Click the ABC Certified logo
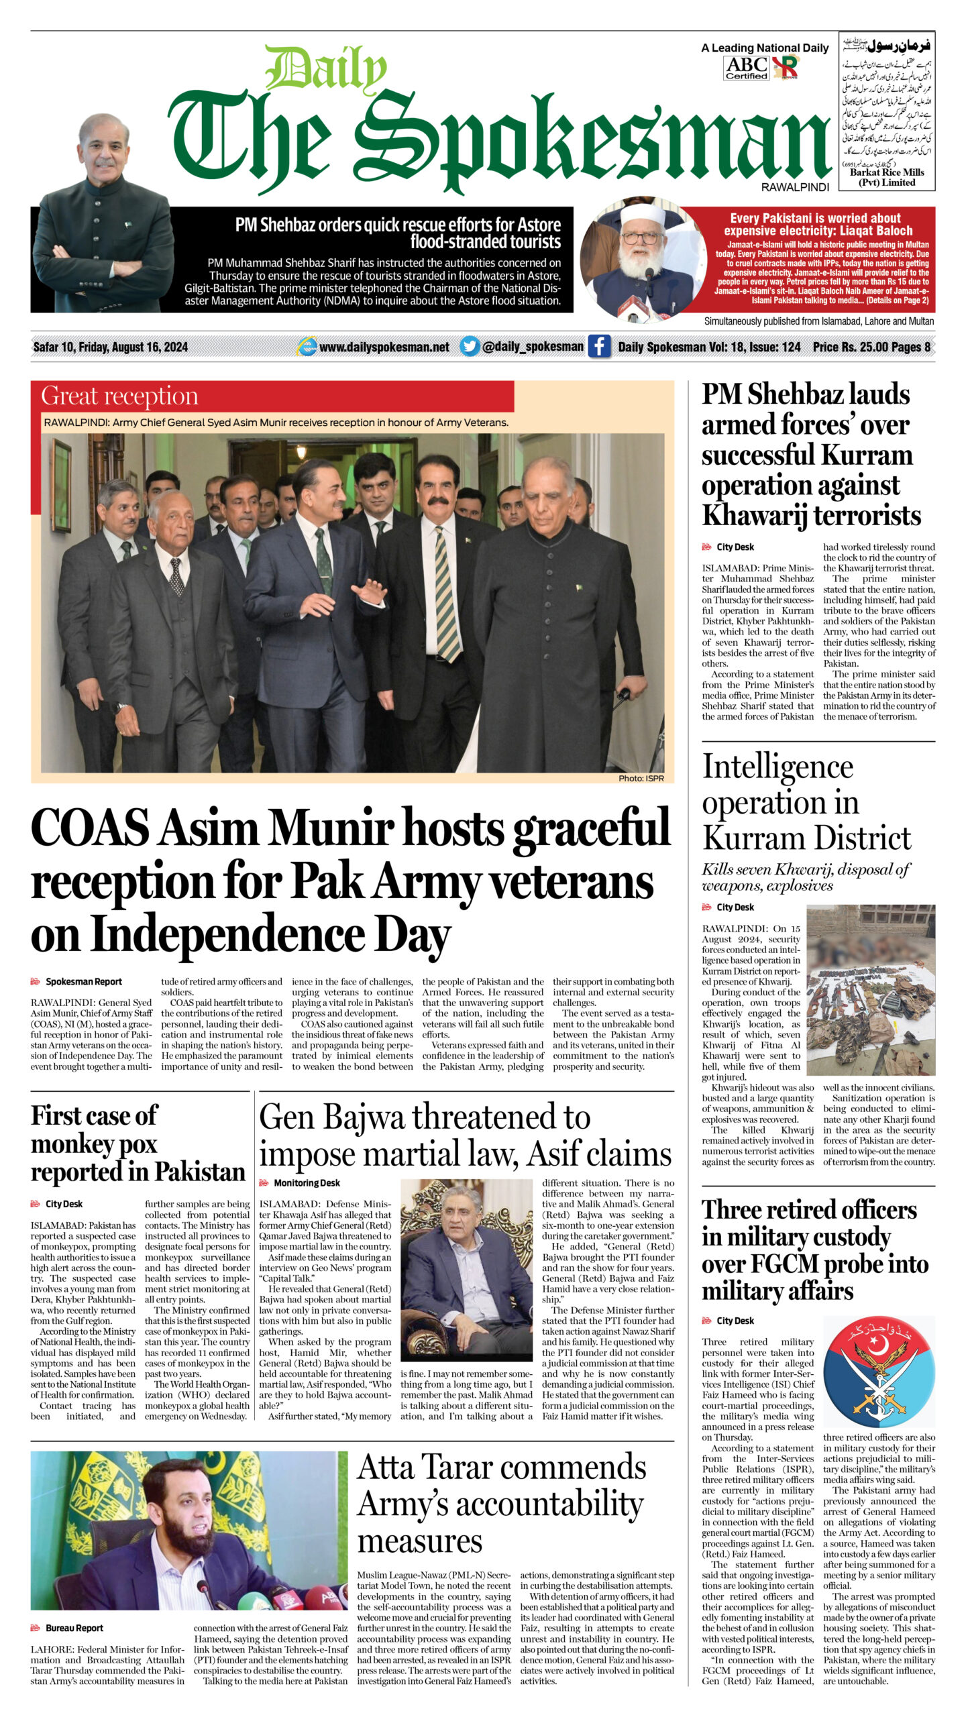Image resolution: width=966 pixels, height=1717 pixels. (746, 68)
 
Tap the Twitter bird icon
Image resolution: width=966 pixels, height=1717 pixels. (470, 346)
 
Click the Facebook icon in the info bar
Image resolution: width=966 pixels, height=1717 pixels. (599, 346)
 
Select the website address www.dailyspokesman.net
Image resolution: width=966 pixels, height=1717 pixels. (384, 347)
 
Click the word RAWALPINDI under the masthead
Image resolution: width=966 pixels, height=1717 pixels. (795, 188)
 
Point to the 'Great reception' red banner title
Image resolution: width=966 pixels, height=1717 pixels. (119, 396)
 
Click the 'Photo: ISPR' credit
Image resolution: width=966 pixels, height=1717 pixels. (641, 778)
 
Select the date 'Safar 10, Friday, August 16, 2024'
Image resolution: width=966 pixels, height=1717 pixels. (111, 347)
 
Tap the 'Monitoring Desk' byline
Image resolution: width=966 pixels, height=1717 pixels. (307, 1183)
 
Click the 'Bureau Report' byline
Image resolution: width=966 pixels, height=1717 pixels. (74, 1628)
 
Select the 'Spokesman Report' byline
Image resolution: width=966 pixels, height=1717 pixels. (84, 981)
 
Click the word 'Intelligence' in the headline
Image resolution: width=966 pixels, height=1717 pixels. (777, 767)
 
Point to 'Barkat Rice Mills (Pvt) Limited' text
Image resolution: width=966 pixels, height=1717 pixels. (887, 177)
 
